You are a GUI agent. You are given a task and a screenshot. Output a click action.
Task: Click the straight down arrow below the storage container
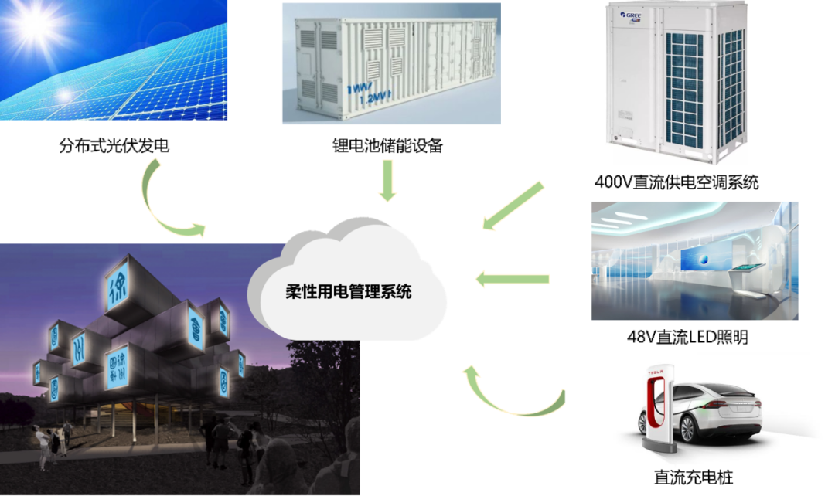click(387, 180)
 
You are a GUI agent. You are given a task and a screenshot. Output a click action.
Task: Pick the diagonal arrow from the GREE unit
click(513, 205)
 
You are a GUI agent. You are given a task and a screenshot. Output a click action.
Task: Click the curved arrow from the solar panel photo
click(163, 200)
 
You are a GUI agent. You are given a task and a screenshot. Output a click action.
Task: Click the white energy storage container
click(390, 63)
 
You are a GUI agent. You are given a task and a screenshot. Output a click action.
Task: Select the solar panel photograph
click(114, 59)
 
